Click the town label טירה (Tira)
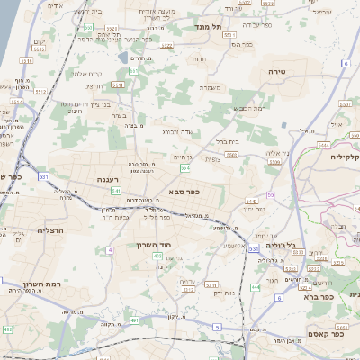(x=276, y=69)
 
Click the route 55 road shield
(x=269, y=194)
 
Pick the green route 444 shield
(x=255, y=286)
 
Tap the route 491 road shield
(x=135, y=319)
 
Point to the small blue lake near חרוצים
(x=122, y=56)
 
